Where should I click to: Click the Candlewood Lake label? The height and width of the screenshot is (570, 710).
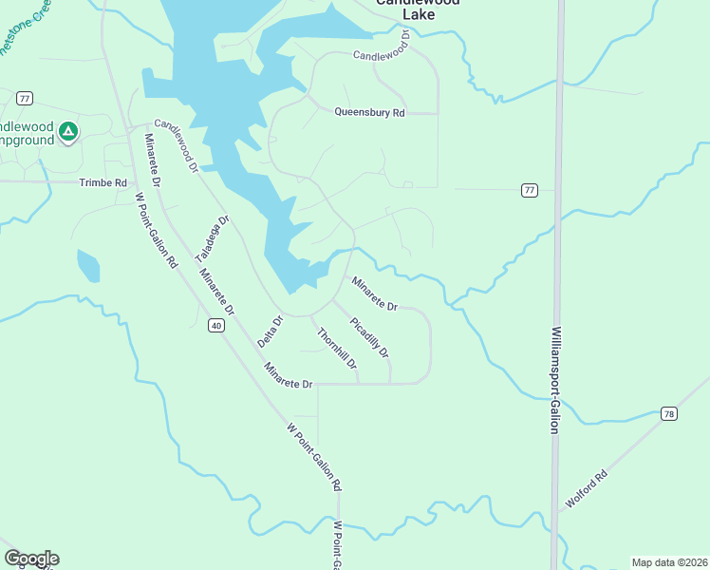point(417,9)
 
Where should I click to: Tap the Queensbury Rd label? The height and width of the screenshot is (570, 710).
point(369,112)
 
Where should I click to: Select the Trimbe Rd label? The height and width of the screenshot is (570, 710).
point(103,182)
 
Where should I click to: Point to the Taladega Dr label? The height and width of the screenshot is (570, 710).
point(213,239)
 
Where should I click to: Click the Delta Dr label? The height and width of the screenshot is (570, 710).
point(271,332)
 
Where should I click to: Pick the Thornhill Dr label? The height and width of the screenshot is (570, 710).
point(337,349)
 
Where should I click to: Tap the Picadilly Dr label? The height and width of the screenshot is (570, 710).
point(369,337)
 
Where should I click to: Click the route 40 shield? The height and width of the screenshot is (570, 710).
point(217,326)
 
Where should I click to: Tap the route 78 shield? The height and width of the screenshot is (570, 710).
point(669,414)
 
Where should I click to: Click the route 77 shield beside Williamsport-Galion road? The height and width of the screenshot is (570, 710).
point(530,190)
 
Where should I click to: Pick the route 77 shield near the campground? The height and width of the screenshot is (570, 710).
point(25,98)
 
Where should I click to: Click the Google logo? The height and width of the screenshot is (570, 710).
point(31,559)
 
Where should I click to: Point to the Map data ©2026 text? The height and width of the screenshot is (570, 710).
point(668,561)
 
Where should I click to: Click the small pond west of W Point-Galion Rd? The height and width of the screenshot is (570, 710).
point(87,266)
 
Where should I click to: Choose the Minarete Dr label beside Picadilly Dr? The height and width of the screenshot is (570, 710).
point(374,294)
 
